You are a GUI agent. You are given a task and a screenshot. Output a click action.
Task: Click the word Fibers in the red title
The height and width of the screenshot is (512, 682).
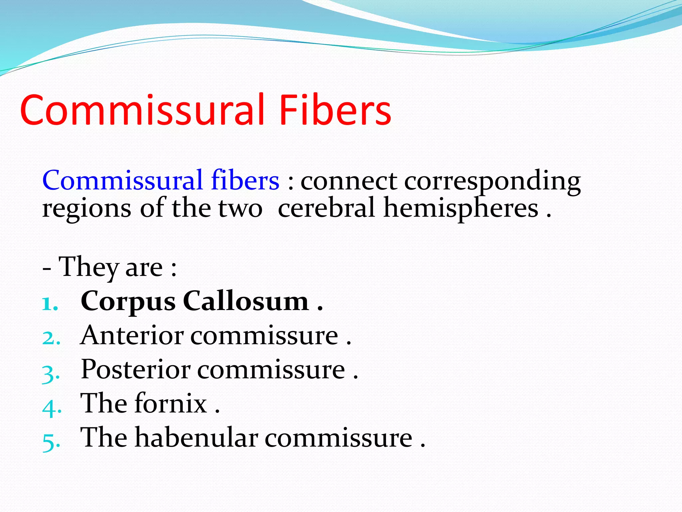[x=335, y=110]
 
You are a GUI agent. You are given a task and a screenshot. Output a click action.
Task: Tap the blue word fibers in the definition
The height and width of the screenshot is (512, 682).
[x=245, y=180]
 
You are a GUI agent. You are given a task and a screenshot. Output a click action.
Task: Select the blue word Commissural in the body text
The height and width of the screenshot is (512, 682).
[x=122, y=180]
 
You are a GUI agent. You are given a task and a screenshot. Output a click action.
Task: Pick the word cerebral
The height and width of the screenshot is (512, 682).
[x=326, y=208]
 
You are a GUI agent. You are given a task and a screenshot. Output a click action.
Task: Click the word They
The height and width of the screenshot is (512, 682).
[x=89, y=267]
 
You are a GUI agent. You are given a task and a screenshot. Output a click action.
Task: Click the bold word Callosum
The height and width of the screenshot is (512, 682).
[x=246, y=301]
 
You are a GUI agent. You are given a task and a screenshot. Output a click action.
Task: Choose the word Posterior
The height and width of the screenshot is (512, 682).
[x=136, y=369]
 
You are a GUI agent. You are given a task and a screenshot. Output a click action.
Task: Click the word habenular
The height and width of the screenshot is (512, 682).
[x=196, y=437]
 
